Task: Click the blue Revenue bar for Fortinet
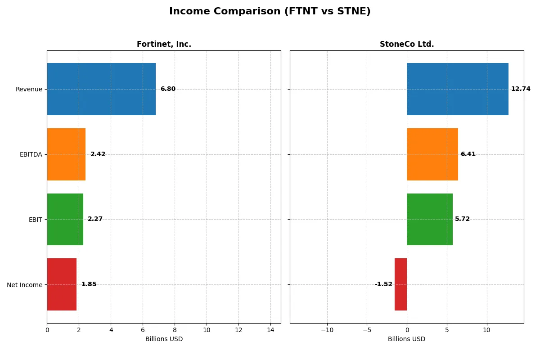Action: [x=101, y=89]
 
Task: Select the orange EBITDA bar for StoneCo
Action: [x=432, y=154]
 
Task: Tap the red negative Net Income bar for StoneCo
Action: [x=400, y=284]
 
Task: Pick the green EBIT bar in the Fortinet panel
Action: [x=65, y=219]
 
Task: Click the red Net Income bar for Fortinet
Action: [x=62, y=284]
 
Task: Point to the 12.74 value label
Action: [x=521, y=89]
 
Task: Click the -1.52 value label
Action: [x=383, y=284]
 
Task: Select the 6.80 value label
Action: [x=168, y=89]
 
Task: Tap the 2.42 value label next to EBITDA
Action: [x=98, y=154]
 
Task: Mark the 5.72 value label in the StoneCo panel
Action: [x=462, y=219]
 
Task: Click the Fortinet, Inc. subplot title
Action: [x=164, y=44]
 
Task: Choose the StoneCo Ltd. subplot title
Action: [x=407, y=44]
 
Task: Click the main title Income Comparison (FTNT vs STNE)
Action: [x=270, y=12]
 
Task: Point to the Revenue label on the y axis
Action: [x=29, y=89]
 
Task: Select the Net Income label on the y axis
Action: [x=25, y=285]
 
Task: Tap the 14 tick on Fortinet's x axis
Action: [x=270, y=330]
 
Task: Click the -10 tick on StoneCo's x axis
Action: [x=327, y=330]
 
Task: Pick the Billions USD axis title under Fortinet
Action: [x=164, y=339]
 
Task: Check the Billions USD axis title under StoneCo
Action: [x=407, y=339]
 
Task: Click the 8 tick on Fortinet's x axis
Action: [x=175, y=330]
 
